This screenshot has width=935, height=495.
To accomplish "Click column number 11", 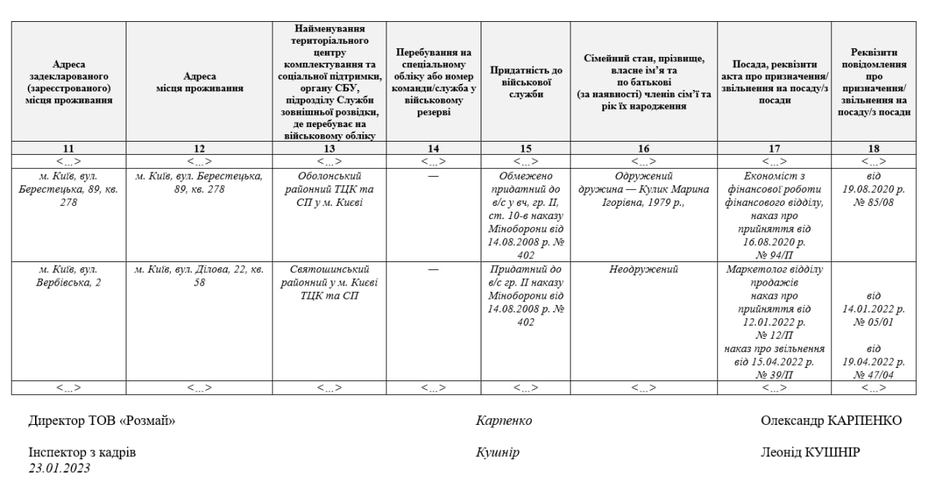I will [x=68, y=149].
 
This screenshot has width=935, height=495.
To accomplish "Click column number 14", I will [x=433, y=149].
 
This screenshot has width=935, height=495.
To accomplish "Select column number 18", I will [x=874, y=149].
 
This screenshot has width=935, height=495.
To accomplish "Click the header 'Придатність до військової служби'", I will [x=526, y=82].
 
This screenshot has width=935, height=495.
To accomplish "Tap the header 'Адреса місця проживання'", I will [x=199, y=82].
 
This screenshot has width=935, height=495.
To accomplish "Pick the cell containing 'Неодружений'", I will [x=644, y=269].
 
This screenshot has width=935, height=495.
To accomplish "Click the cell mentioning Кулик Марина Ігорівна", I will [x=644, y=183].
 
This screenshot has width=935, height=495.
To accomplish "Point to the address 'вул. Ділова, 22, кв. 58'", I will [x=199, y=276].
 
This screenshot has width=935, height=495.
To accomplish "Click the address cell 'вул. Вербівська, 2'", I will [x=68, y=276].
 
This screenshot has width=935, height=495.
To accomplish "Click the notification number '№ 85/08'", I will [x=874, y=202].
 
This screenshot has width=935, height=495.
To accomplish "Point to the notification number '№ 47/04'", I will [x=874, y=375].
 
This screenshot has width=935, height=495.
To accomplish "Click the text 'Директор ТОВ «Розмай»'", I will [x=102, y=421].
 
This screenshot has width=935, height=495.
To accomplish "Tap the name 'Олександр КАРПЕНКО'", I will [x=831, y=421].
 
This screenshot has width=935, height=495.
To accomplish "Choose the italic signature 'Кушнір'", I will [x=497, y=453].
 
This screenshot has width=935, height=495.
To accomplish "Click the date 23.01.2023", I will [x=60, y=469].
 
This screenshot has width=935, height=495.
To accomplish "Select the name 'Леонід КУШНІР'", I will [x=811, y=453].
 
